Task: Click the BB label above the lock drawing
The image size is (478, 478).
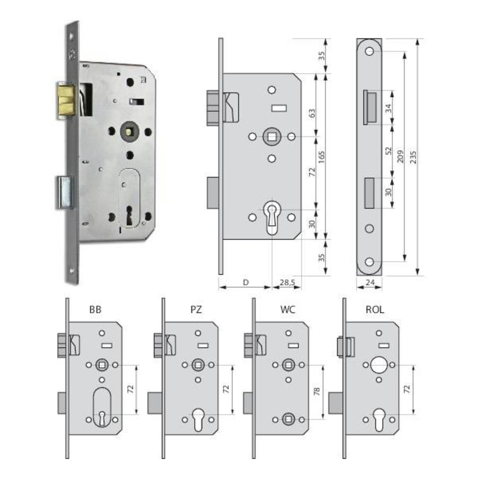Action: click(96, 309)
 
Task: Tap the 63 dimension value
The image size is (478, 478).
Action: click(312, 114)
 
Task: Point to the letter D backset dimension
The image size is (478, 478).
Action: click(245, 282)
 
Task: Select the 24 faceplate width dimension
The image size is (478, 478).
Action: click(370, 282)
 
